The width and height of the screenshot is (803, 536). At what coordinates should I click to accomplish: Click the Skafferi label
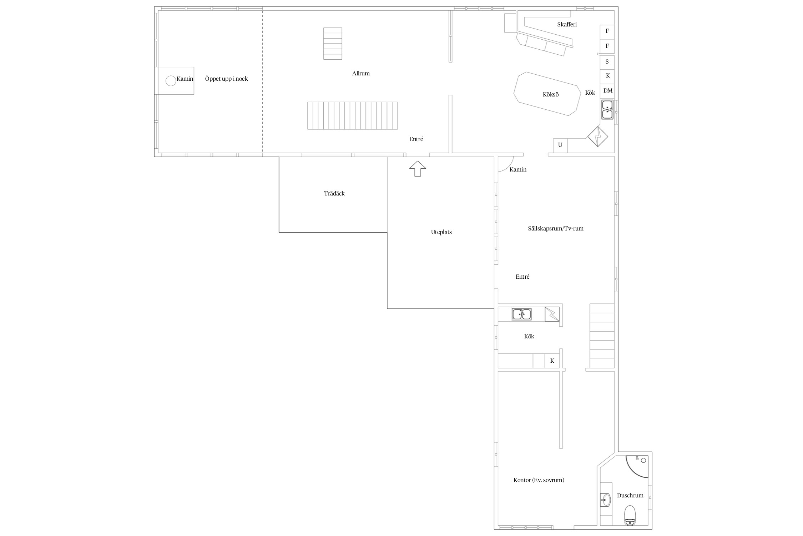click(x=567, y=24)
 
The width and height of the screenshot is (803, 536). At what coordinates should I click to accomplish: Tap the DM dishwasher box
click(x=607, y=91)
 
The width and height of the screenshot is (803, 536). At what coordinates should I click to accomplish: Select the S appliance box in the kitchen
click(x=607, y=62)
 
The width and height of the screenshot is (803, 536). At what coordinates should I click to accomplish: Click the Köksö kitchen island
click(x=547, y=94)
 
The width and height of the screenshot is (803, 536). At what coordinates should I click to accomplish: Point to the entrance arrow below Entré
click(x=417, y=168)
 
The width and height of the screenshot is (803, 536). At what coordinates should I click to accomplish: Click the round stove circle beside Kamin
click(x=171, y=81)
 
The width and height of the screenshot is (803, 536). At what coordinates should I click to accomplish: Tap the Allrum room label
click(x=361, y=73)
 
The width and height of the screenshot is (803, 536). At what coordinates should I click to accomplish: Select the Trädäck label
click(x=334, y=193)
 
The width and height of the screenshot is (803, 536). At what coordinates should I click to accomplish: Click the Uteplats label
click(x=441, y=232)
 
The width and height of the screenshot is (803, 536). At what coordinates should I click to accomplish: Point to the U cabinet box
click(x=560, y=145)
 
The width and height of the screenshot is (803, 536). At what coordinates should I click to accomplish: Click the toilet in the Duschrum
click(x=630, y=515)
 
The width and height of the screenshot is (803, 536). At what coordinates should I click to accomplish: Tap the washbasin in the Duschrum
click(x=606, y=500)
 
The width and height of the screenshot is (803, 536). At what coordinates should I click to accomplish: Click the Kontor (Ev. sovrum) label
click(x=539, y=480)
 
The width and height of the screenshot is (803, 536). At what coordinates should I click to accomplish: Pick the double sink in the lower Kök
click(x=521, y=314)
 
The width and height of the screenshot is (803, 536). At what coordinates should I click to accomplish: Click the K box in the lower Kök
click(x=552, y=361)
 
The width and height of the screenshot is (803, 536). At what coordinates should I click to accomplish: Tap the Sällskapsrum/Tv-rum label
click(x=556, y=229)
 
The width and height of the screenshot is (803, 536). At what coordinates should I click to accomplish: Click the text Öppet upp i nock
click(x=226, y=79)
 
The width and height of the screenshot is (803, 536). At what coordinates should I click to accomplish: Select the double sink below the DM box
click(x=607, y=109)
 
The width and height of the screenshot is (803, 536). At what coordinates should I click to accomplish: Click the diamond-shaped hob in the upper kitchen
click(x=598, y=137)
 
